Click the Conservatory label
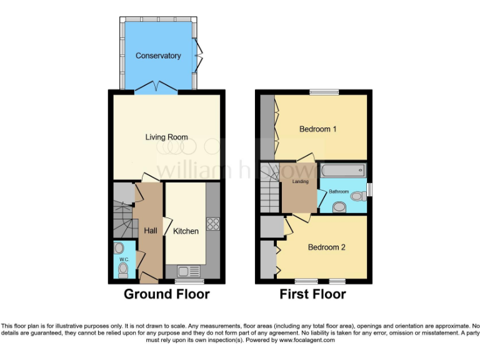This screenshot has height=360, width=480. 158,56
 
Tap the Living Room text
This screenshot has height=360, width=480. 167,137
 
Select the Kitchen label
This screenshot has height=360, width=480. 186,231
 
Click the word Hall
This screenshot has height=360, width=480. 151,231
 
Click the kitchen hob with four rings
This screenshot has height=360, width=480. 212,224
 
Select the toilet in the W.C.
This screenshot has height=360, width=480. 123,269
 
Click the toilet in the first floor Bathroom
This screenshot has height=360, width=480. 357,196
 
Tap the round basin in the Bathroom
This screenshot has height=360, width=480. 339,206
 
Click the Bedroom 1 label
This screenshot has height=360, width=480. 318,129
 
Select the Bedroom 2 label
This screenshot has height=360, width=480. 326,247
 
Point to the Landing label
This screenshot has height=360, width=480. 301,182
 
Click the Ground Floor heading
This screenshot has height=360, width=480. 166,294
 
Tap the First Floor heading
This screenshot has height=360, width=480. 312,294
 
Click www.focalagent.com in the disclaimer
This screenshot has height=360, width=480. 307,340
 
